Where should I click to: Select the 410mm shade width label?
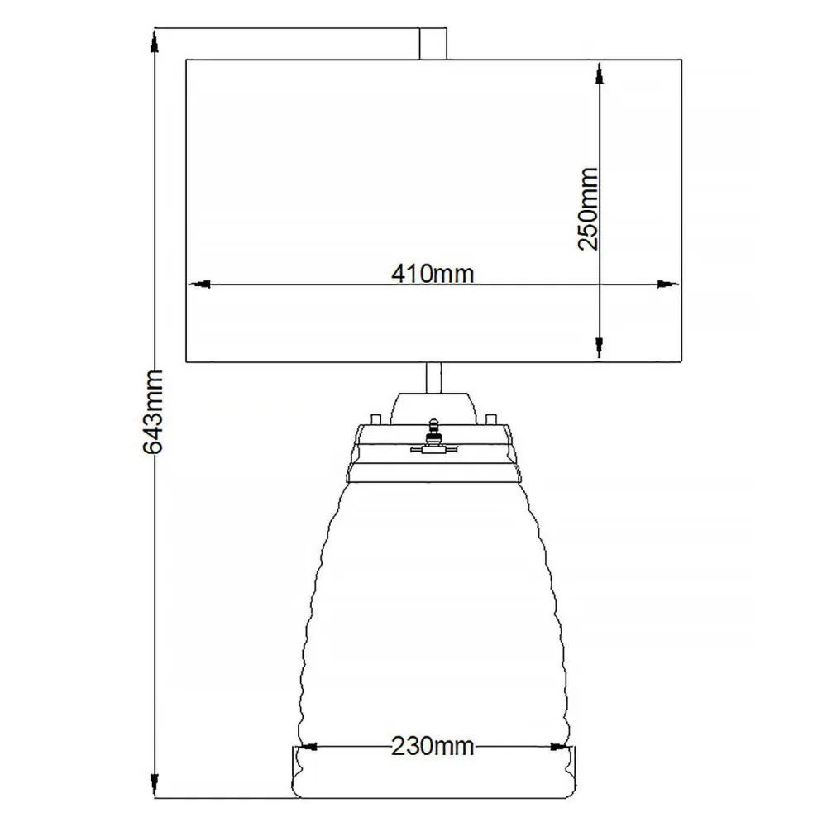click(x=433, y=273)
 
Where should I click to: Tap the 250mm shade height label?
click(x=588, y=209)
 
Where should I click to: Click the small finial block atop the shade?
click(x=433, y=44)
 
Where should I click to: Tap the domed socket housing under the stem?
click(x=433, y=407)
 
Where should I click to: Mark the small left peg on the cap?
click(x=376, y=416)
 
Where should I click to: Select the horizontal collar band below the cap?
click(x=433, y=473)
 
